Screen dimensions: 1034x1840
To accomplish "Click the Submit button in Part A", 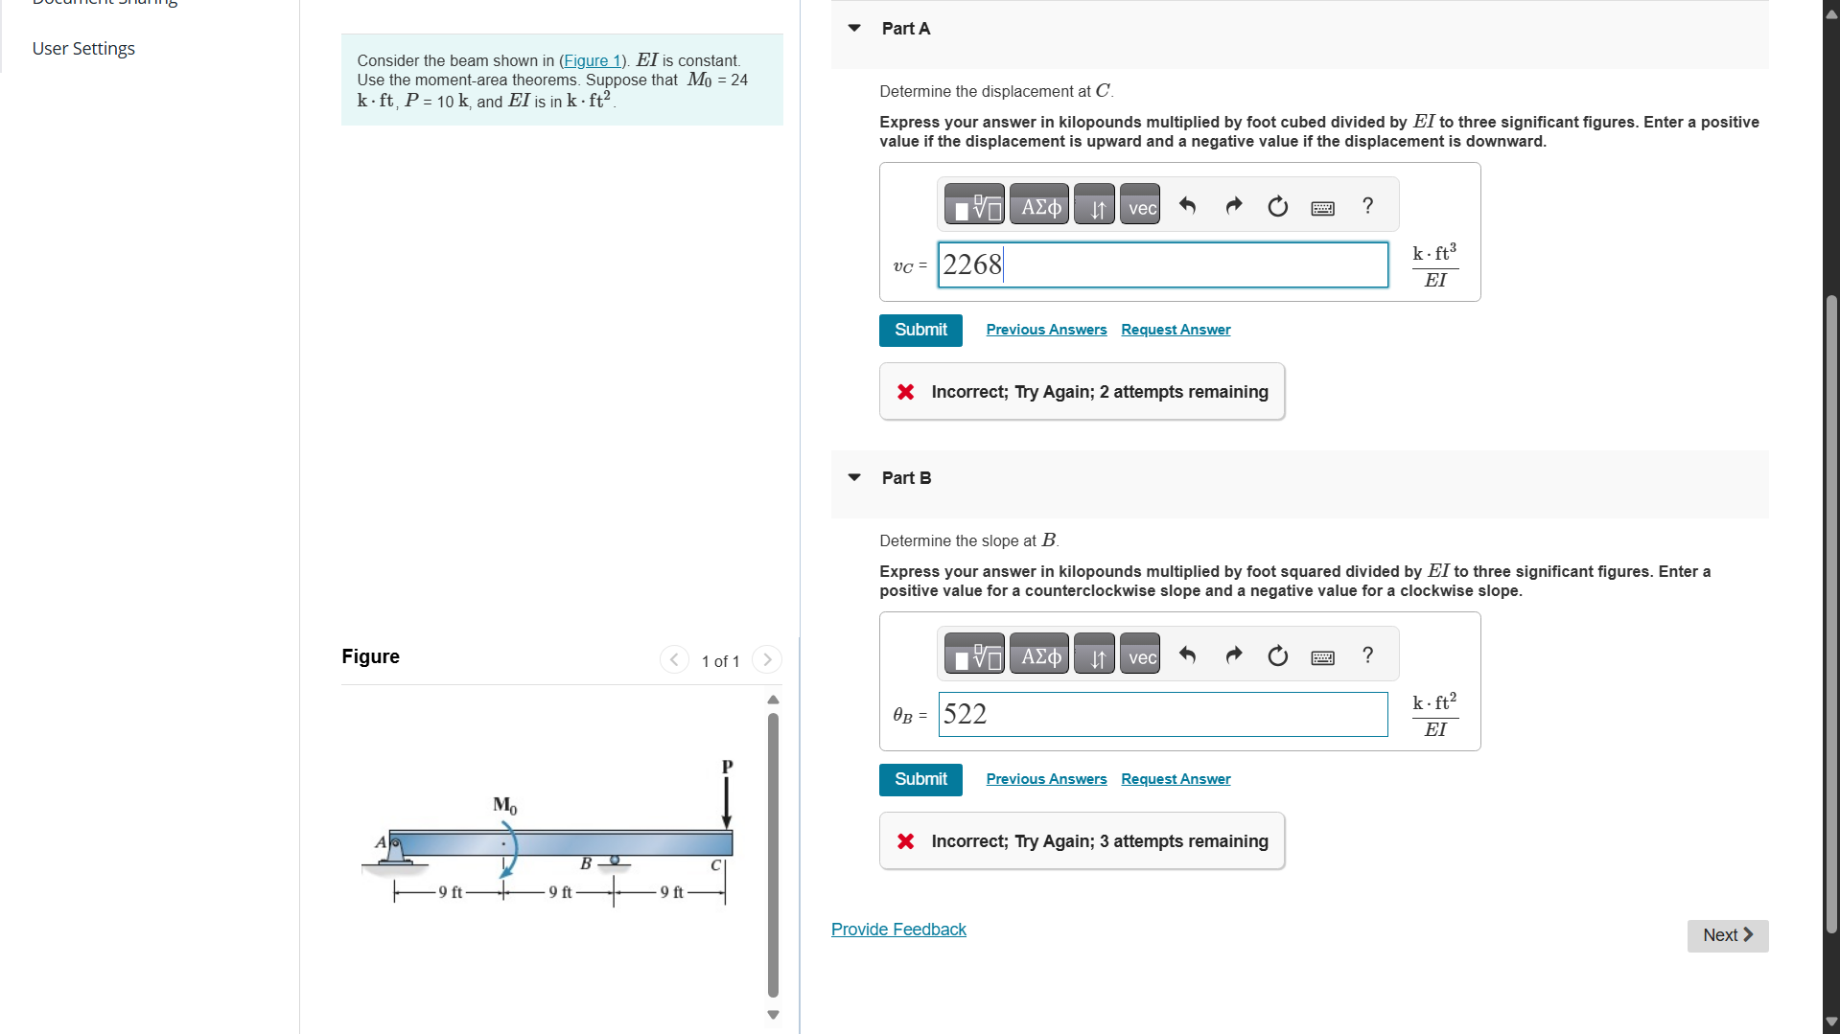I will click(x=920, y=330).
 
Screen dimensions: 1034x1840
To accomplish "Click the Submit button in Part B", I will click(x=920, y=779).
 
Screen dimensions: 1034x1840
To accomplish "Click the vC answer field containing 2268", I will click(x=1162, y=264).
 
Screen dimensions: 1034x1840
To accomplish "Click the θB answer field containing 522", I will click(x=1162, y=714).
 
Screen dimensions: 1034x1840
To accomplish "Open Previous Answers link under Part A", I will click(x=1045, y=330).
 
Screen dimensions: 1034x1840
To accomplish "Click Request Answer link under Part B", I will click(x=1175, y=779).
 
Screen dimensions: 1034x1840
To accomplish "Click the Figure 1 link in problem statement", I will click(x=592, y=60).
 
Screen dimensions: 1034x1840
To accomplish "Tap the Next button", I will click(x=1727, y=935).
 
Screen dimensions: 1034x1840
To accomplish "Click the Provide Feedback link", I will click(x=897, y=930).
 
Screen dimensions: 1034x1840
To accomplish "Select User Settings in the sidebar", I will click(x=83, y=48).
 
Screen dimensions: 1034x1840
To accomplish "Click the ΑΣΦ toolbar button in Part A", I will click(x=1039, y=206).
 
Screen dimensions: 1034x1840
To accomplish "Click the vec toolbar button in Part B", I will click(x=1141, y=656).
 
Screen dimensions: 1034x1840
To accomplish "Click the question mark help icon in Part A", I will click(x=1367, y=205).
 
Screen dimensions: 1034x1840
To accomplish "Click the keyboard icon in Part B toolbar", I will click(x=1322, y=657).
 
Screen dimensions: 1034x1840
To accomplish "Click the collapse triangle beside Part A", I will click(x=853, y=29).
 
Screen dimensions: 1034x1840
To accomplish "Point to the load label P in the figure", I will click(x=727, y=767).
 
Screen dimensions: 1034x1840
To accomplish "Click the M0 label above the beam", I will click(x=504, y=805).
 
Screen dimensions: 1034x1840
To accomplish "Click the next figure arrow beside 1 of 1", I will click(x=766, y=659).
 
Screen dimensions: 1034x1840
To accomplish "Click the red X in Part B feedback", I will click(x=905, y=841).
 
